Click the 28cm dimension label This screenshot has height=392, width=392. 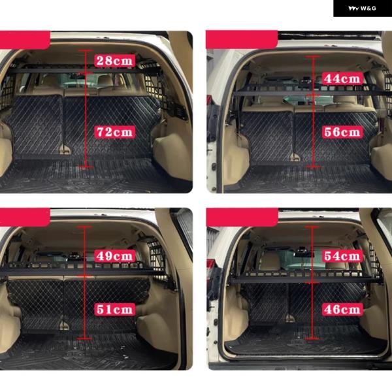tap(115, 61)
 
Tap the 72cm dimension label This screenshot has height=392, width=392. tap(115, 132)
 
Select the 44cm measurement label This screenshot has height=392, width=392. tap(342, 79)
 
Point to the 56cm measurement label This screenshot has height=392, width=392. tap(342, 132)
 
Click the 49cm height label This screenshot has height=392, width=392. tap(115, 256)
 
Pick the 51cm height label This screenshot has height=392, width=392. tap(115, 310)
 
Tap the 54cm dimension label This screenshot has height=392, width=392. tap(342, 256)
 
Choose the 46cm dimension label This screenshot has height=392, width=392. tap(342, 310)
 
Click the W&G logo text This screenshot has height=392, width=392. tap(362, 8)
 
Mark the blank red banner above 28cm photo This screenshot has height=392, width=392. tap(25, 40)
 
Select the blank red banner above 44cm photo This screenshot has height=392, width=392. tap(242, 39)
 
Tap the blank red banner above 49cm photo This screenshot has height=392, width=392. tap(25, 218)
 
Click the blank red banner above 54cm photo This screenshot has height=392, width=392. tap(242, 218)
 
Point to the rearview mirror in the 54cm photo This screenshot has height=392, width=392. tap(304, 254)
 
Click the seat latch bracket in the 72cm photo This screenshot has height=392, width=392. tap(65, 150)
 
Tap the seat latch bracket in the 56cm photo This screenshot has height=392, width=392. tap(295, 157)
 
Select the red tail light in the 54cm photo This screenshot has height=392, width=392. tap(210, 266)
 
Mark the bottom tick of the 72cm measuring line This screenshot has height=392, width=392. tap(85, 166)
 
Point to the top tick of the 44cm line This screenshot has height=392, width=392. tap(313, 57)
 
